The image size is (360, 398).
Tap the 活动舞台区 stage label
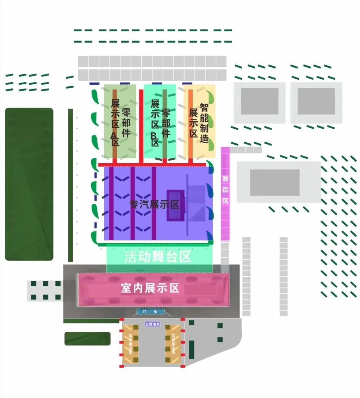(x=158, y=257)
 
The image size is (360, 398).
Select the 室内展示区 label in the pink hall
(x=150, y=288)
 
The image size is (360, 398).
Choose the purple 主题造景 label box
(x=152, y=324)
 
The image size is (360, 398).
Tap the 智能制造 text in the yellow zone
(x=204, y=122)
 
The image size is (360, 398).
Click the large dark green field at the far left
(x=29, y=184)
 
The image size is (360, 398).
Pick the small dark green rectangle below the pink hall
(x=87, y=339)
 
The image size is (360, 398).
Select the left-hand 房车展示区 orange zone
(x=130, y=344)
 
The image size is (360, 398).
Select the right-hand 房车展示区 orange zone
(x=173, y=344)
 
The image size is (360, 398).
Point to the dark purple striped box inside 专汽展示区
(x=175, y=206)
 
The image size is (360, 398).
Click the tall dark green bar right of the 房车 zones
(x=192, y=348)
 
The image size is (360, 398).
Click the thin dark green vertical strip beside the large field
(x=70, y=185)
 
